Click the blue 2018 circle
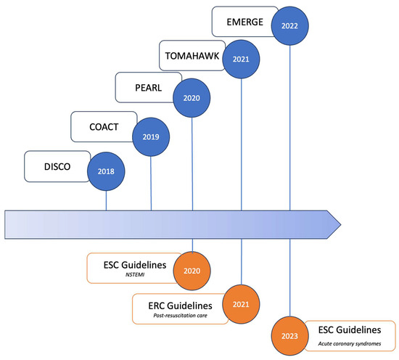pyautogui.click(x=106, y=172)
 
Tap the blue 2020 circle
pyautogui.click(x=192, y=97)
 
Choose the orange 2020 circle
pyautogui.click(x=192, y=271)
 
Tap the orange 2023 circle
pyautogui.click(x=289, y=335)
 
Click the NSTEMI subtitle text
pyautogui.click(x=135, y=276)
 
